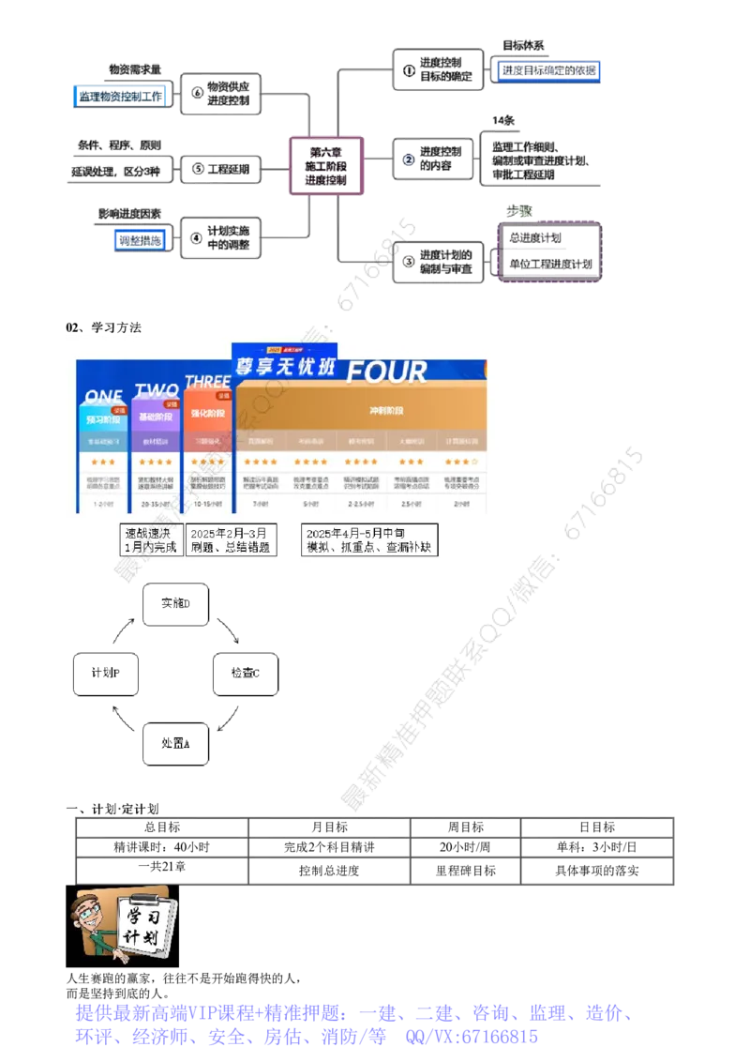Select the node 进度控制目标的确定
[x=434, y=68]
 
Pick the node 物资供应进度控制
[x=221, y=93]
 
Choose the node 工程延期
[x=221, y=169]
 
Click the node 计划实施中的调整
[x=221, y=236]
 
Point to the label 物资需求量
[x=135, y=68]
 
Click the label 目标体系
[x=523, y=45]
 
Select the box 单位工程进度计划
[x=550, y=265]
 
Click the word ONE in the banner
[x=103, y=397]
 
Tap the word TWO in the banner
[x=157, y=389]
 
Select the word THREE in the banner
[x=207, y=382]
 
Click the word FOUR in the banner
[x=386, y=372]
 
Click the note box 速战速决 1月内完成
[x=150, y=539]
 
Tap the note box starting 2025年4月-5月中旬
[x=369, y=539]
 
